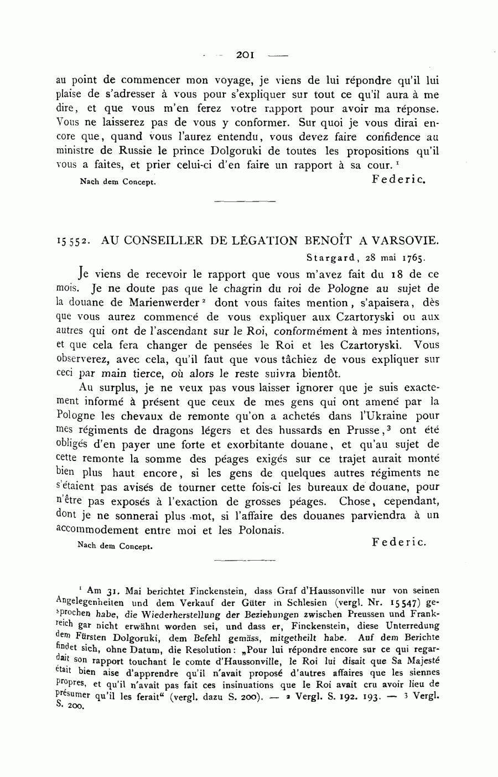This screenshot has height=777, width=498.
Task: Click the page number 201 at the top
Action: pyautogui.click(x=244, y=55)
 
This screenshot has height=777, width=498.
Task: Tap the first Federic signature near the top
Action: pyautogui.click(x=400, y=179)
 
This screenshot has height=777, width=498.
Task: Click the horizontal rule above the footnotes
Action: pyautogui.click(x=244, y=561)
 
